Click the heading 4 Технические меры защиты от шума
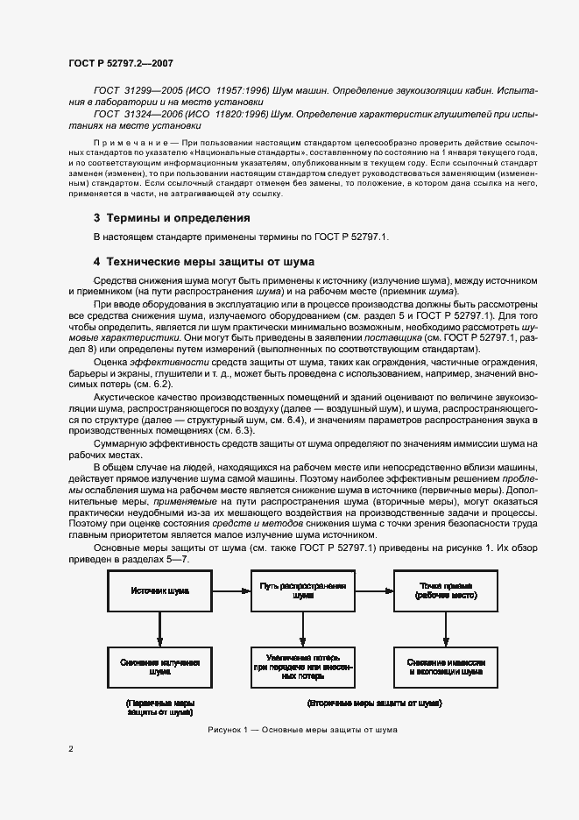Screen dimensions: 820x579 203,261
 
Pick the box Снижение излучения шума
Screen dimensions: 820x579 159,667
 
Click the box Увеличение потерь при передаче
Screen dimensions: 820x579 303,667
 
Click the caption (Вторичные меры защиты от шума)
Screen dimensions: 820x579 375,703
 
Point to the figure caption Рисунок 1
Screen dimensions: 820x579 302,729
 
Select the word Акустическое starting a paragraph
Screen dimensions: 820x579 123,395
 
